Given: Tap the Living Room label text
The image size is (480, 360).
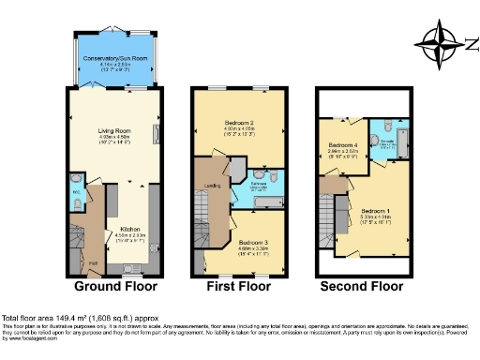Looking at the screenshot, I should pyautogui.click(x=115, y=131).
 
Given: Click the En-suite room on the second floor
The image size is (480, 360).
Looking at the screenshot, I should pyautogui.click(x=386, y=142).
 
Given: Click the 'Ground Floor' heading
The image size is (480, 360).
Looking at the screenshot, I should pyautogui.click(x=116, y=286).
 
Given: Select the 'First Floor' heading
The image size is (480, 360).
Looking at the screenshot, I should pyautogui.click(x=238, y=286).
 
